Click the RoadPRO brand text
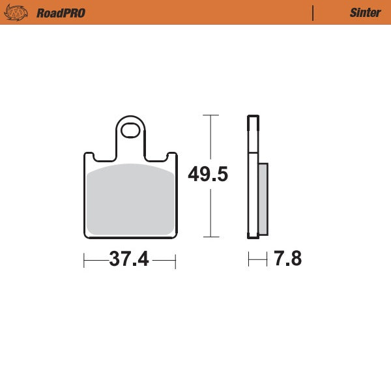(61, 12)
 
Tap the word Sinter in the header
(365, 12)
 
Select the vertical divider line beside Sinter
(313, 12)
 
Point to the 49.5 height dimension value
(208, 175)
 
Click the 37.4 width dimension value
(129, 259)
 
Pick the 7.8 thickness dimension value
(287, 259)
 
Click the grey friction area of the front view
(130, 199)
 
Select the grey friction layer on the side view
(263, 199)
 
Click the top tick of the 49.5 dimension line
(209, 115)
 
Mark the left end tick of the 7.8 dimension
(248, 261)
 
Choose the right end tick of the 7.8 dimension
(267, 261)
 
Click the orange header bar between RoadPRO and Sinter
(195, 12)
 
